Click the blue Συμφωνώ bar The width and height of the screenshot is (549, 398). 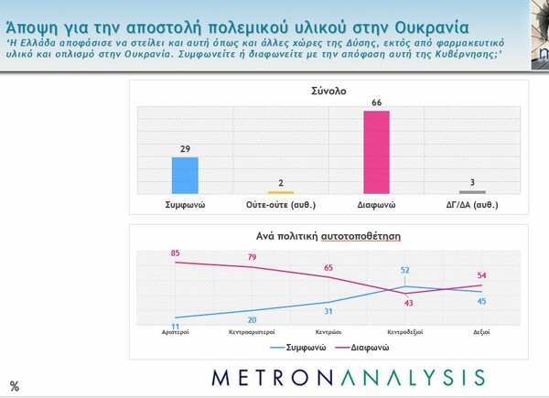coord(185,175)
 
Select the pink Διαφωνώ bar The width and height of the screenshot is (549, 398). coord(377,152)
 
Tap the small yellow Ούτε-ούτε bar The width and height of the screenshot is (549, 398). coord(281,191)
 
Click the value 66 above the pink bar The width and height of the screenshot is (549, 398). coord(376,103)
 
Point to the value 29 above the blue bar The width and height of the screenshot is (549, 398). coord(186,149)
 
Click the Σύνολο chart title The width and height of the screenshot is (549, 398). coord(328,91)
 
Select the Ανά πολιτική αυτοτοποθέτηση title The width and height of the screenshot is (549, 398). coord(328,235)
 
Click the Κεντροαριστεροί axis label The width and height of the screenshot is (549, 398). coord(252,331)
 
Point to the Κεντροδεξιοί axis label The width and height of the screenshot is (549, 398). coord(404,331)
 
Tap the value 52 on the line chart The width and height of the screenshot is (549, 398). coord(404,270)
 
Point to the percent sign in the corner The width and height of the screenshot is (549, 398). coord(14,386)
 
